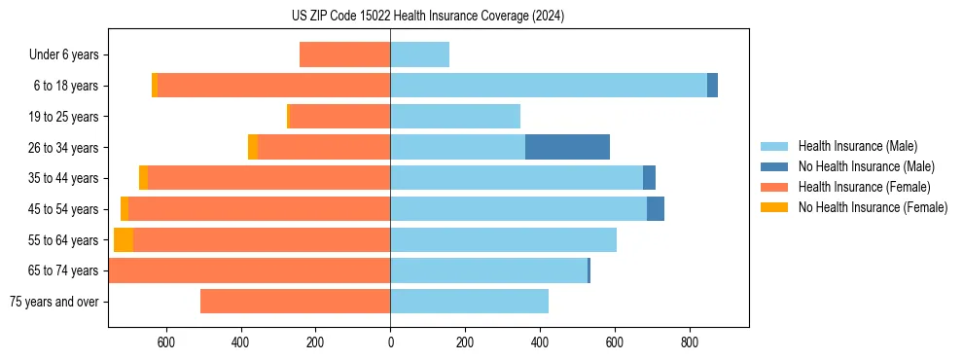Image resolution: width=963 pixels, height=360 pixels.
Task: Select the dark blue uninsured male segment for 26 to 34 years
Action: (x=567, y=147)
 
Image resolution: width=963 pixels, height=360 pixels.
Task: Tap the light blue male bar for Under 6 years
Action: (x=419, y=54)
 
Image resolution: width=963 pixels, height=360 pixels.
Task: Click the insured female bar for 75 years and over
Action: (x=295, y=302)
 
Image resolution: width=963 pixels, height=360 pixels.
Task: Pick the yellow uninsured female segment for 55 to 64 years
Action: (x=124, y=239)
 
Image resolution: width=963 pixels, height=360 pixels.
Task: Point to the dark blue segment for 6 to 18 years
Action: (x=712, y=86)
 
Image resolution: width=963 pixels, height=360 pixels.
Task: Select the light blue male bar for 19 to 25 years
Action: (x=455, y=117)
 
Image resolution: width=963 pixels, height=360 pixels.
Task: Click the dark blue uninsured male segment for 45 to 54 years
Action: (x=656, y=209)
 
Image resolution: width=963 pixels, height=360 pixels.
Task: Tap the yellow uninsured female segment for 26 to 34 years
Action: (x=253, y=147)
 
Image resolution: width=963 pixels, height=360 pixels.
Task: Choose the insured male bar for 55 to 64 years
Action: (x=503, y=239)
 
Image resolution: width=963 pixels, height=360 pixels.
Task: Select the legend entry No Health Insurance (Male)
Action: (x=866, y=166)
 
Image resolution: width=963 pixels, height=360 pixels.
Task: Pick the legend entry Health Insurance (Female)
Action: (x=864, y=187)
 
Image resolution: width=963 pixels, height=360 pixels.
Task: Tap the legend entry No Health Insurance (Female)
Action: (x=873, y=207)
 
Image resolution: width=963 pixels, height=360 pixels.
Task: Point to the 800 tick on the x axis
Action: (x=690, y=342)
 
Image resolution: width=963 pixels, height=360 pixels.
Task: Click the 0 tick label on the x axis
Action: (x=390, y=342)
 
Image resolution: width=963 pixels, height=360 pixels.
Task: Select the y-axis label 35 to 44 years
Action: (x=64, y=178)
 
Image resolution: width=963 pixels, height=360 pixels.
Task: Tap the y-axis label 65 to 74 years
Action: (x=64, y=270)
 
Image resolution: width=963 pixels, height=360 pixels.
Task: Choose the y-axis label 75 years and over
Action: (x=54, y=302)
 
